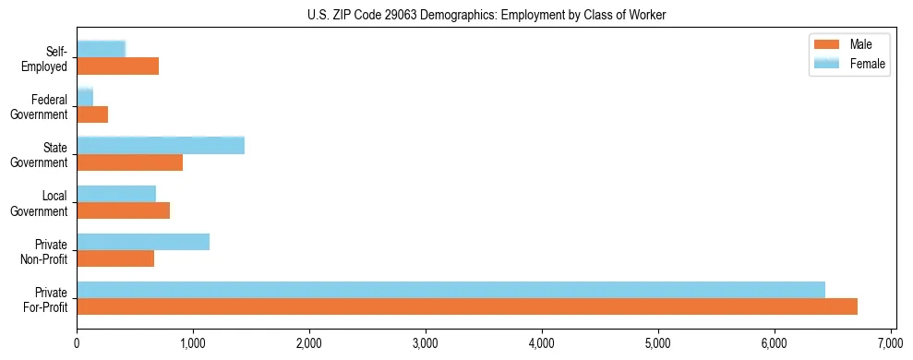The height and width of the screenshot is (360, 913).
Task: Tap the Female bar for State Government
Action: (x=161, y=145)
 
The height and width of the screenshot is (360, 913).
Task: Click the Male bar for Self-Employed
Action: (x=117, y=66)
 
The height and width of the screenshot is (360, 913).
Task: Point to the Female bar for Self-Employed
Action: (x=101, y=49)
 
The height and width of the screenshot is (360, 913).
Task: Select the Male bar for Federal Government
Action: (x=92, y=114)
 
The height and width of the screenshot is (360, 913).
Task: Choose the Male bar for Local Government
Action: (x=123, y=210)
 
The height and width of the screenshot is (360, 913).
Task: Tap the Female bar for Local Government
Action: (x=116, y=194)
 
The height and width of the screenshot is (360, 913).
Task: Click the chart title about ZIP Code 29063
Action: (x=486, y=15)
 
